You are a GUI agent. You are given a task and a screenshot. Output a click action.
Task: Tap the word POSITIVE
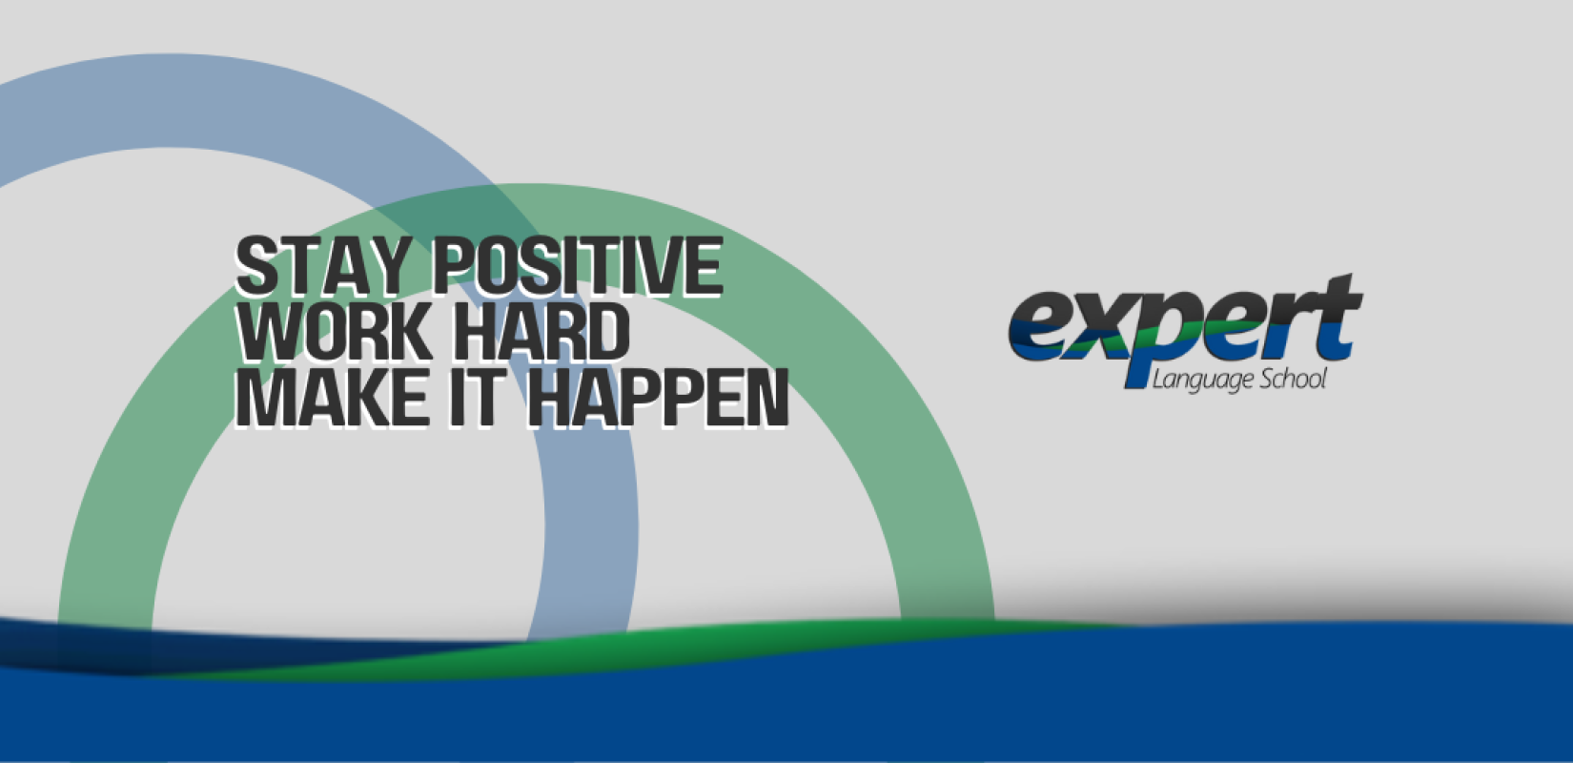pos(577,265)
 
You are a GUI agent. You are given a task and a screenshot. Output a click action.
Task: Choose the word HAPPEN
pos(657,398)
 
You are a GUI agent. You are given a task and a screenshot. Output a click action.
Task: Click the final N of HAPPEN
pos(766,398)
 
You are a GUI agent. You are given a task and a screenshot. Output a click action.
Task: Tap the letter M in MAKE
pos(263,398)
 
